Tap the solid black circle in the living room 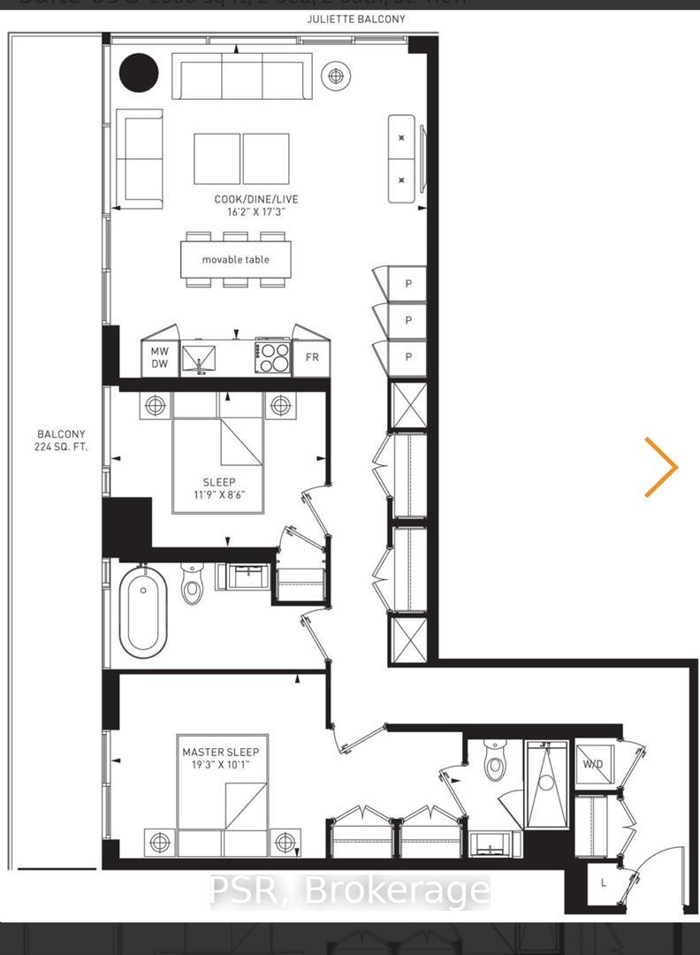tap(139, 73)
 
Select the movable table tap(235, 259)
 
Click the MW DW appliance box tap(159, 357)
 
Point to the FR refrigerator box tap(311, 357)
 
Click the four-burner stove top tap(273, 356)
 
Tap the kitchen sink tap(201, 359)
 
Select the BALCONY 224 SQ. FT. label tap(61, 440)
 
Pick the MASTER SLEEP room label tap(221, 752)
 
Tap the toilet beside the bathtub tap(193, 584)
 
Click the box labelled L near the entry tap(604, 883)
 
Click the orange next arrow tap(661, 466)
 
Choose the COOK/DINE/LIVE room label tap(249, 205)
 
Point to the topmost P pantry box tap(407, 285)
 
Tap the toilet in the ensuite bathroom tap(495, 763)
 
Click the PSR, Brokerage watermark tap(349, 891)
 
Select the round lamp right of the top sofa tap(335, 76)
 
